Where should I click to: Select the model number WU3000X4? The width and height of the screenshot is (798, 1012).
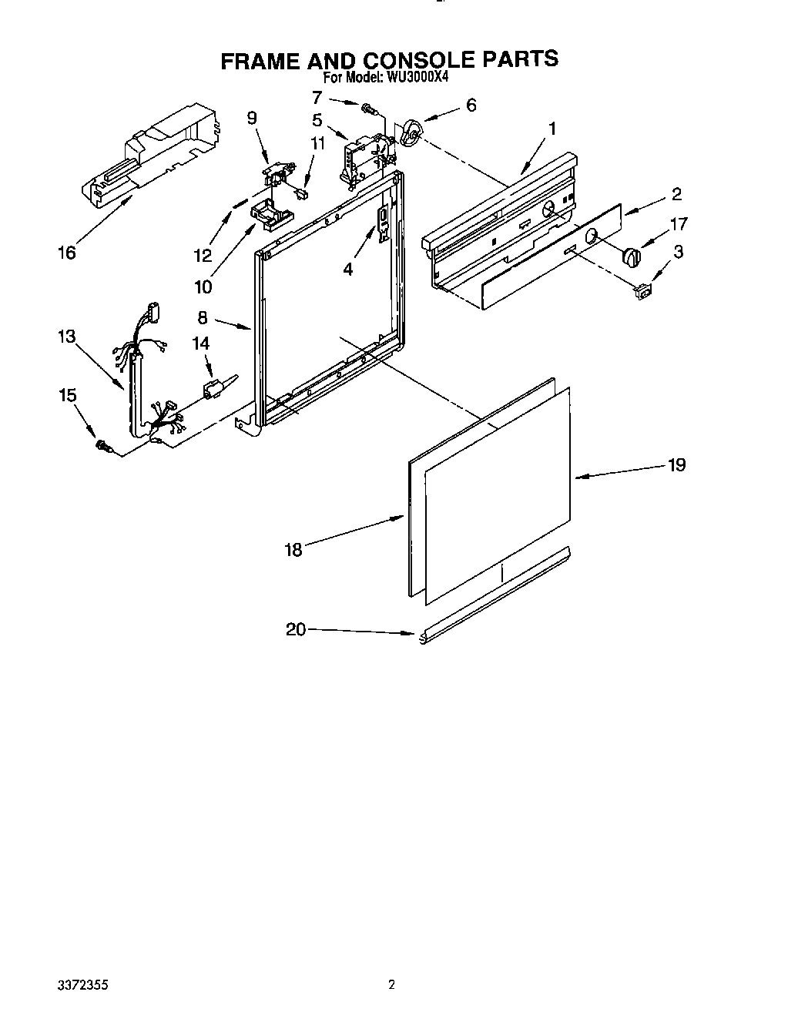pyautogui.click(x=417, y=77)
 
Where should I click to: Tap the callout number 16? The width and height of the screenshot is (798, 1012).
pyautogui.click(x=67, y=252)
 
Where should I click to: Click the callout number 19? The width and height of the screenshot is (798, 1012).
pyautogui.click(x=676, y=464)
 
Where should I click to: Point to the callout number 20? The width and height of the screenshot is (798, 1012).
pyautogui.click(x=296, y=629)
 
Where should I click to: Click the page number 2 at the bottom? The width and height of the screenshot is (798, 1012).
pyautogui.click(x=392, y=984)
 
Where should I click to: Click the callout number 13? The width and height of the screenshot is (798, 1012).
pyautogui.click(x=66, y=336)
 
